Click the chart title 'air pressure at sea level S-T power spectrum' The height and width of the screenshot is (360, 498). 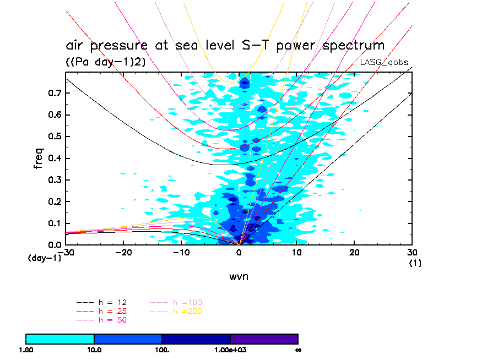tap(225, 45)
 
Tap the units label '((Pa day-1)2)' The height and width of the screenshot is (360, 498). tap(105, 62)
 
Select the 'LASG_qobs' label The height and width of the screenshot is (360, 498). tap(384, 62)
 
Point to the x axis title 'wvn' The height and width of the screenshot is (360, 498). tap(239, 276)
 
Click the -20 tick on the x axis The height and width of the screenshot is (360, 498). tap(123, 252)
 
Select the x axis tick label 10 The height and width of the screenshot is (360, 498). tap(297, 252)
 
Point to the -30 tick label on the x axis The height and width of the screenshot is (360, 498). tap(66, 252)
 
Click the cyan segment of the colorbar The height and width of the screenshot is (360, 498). tap(60, 339)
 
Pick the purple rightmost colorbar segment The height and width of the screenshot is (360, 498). tap(264, 339)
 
